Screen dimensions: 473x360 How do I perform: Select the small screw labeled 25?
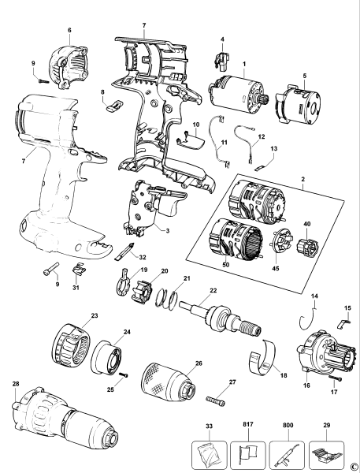(x=123, y=374)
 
